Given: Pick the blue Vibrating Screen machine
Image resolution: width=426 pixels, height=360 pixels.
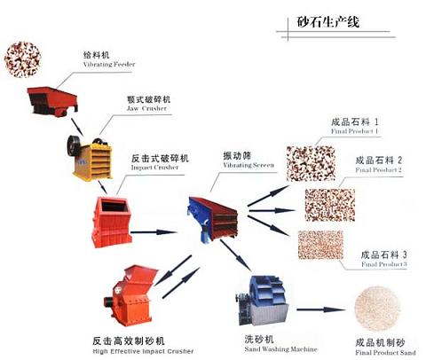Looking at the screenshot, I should [214, 212].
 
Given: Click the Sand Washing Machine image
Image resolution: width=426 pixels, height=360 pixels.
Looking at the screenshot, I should [263, 302].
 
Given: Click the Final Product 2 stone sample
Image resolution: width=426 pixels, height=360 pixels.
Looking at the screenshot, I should [329, 203].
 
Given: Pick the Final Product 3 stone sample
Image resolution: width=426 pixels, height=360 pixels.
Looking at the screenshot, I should [320, 245].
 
